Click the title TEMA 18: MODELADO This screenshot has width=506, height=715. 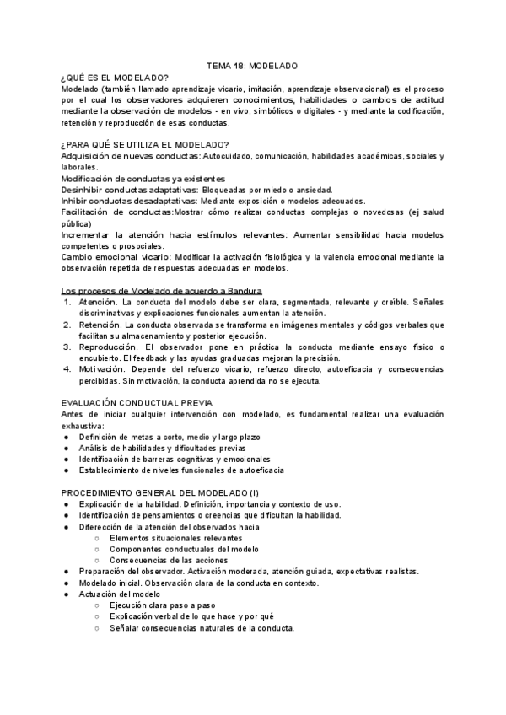click(252, 65)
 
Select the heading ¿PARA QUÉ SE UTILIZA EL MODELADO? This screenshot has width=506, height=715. click(145, 144)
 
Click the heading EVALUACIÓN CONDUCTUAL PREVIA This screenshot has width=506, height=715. click(137, 402)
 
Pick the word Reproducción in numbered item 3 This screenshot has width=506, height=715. click(107, 346)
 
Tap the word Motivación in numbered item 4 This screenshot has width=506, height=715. click(102, 368)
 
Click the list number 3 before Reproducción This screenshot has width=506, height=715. click(67, 346)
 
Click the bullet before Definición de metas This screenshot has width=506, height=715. click(67, 437)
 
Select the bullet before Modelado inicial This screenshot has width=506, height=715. click(67, 583)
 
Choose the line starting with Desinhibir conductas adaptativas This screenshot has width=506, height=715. click(197, 189)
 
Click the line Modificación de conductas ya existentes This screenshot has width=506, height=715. click(143, 178)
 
